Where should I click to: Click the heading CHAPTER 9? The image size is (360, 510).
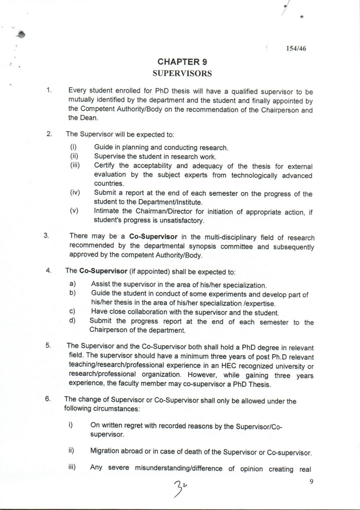click(x=182, y=62)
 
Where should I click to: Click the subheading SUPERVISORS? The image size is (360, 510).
click(x=182, y=73)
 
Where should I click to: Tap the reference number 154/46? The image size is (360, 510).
click(x=296, y=48)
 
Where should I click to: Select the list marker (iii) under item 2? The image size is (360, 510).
click(x=75, y=165)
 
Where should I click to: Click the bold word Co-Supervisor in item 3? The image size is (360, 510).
click(x=153, y=237)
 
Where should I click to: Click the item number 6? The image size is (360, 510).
click(x=48, y=399)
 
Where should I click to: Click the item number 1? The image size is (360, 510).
click(x=49, y=90)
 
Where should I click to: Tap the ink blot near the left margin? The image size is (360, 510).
click(x=21, y=34)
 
